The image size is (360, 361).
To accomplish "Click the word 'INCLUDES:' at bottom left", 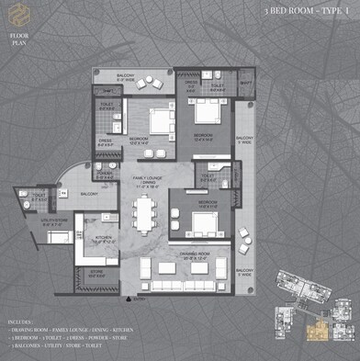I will tap(20, 323).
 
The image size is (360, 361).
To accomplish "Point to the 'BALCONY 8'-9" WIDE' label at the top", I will tap(126, 77).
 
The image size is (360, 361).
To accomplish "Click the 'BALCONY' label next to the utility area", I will tap(88, 195).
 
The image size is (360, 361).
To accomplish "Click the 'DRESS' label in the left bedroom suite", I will tap(106, 142).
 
